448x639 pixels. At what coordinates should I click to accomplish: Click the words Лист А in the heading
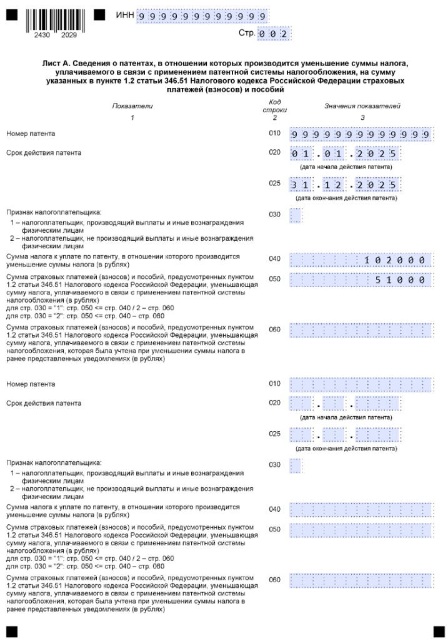click(55, 64)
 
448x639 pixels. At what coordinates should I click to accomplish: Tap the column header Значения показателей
click(362, 106)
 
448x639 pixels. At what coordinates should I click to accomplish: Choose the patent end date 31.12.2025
click(345, 185)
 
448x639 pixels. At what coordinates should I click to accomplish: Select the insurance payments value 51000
click(401, 280)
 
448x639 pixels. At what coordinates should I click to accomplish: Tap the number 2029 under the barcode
click(69, 36)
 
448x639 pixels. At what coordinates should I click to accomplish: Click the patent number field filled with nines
click(361, 135)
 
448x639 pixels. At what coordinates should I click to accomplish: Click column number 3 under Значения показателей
click(362, 117)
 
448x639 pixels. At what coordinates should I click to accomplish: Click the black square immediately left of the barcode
click(12, 13)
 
